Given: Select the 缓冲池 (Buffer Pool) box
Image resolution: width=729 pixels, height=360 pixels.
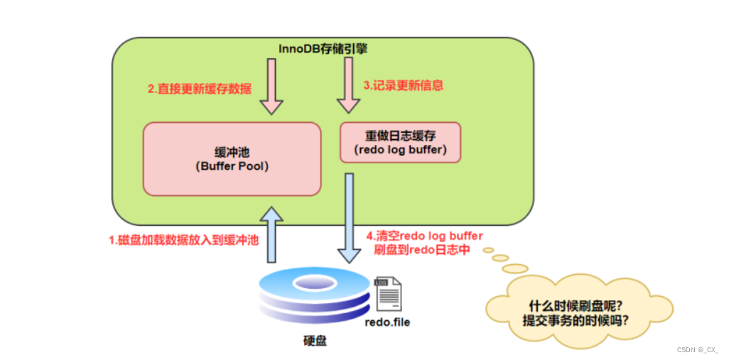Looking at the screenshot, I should pyautogui.click(x=232, y=158).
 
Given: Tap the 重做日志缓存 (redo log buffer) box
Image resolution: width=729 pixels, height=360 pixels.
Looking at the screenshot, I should pyautogui.click(x=400, y=142).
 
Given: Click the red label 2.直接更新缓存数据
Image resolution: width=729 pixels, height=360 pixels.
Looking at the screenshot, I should pyautogui.click(x=200, y=89).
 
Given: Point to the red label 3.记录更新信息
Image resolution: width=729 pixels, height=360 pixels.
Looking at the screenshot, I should pyautogui.click(x=403, y=85).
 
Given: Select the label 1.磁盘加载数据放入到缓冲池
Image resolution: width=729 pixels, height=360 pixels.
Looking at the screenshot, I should pyautogui.click(x=183, y=240).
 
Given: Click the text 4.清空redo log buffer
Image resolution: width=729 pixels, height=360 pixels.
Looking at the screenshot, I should pyautogui.click(x=424, y=236).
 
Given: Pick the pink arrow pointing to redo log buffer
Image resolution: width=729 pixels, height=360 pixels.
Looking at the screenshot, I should pyautogui.click(x=348, y=85).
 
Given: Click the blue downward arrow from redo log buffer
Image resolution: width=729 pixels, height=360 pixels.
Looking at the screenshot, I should pyautogui.click(x=350, y=217).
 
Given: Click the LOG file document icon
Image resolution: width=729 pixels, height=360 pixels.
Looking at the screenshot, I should pyautogui.click(x=387, y=294).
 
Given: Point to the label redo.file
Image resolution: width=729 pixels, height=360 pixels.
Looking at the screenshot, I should pyautogui.click(x=387, y=322).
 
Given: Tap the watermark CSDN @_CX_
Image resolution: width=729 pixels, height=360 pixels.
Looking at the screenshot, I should pyautogui.click(x=697, y=349).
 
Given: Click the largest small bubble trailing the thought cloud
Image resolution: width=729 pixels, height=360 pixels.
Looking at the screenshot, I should pyautogui.click(x=514, y=268).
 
